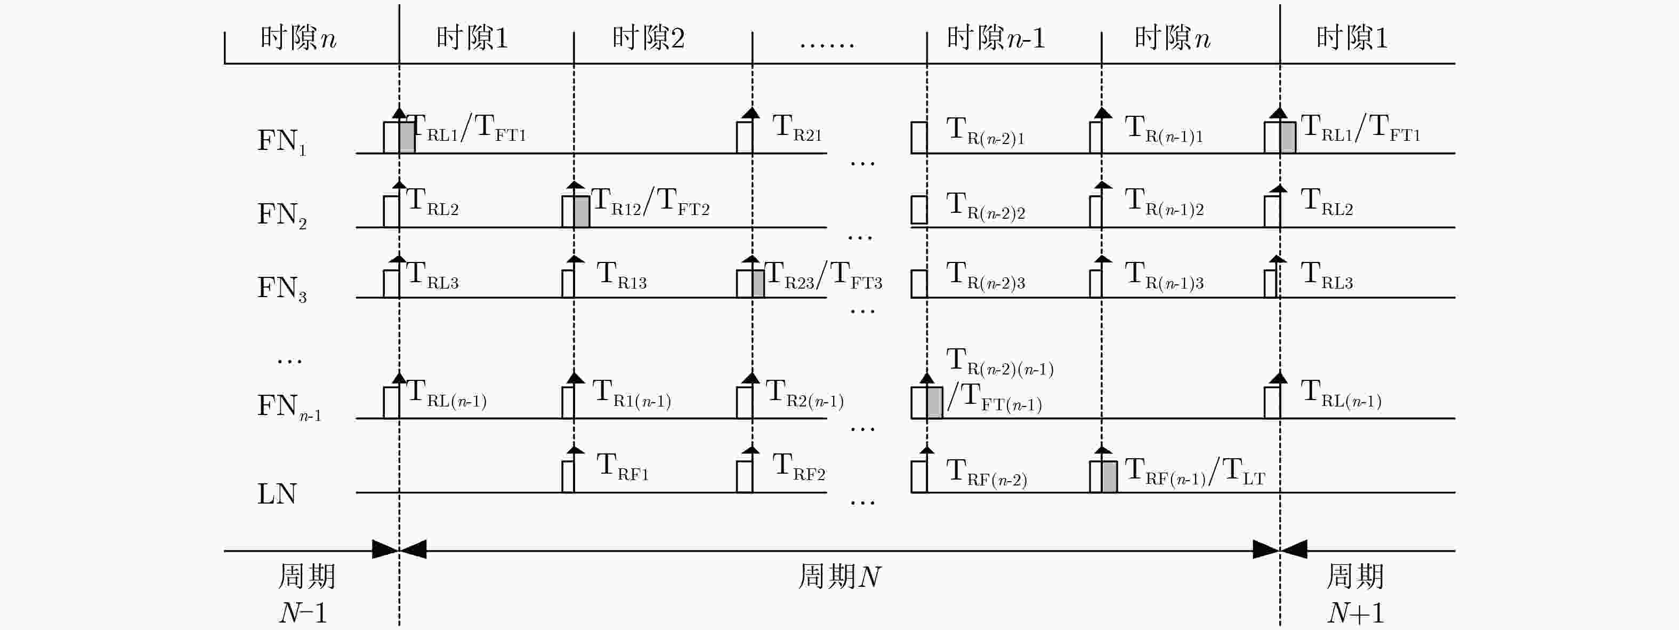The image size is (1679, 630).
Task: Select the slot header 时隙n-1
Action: [995, 38]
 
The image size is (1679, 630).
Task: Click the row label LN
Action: [277, 493]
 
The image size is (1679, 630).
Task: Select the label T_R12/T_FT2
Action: [650, 202]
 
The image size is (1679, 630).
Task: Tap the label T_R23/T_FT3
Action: [822, 275]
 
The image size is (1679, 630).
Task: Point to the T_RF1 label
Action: [623, 467]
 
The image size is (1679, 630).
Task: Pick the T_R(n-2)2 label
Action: [985, 205]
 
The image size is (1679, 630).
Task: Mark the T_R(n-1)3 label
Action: [1164, 275]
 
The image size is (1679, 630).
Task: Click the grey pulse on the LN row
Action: [1109, 477]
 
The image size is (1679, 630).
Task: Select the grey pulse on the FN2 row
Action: [582, 212]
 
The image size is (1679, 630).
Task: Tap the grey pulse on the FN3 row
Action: [757, 284]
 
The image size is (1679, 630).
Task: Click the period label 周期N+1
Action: [1355, 594]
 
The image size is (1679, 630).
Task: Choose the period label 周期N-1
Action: [305, 594]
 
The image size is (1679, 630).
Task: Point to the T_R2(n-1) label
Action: [804, 394]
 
